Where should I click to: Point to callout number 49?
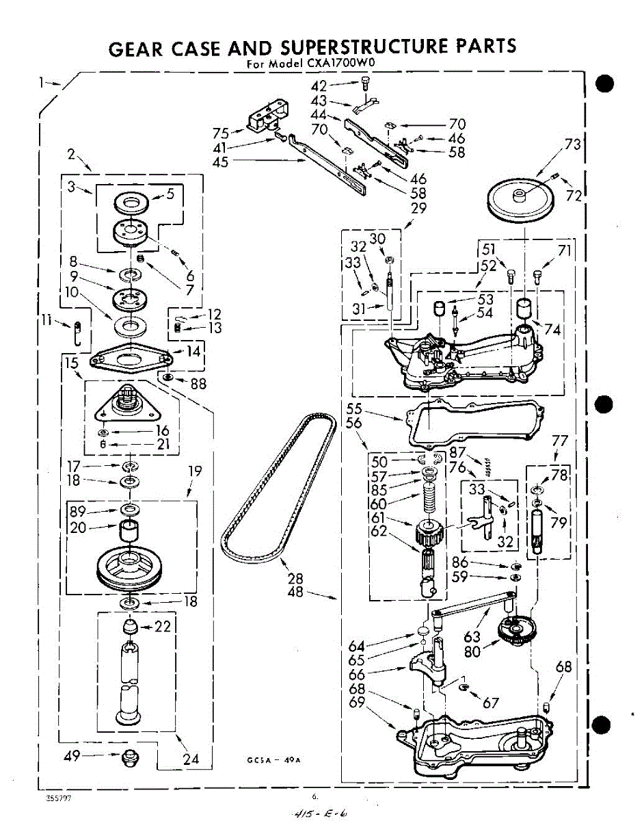[x=72, y=755]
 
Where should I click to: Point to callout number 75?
[x=220, y=133]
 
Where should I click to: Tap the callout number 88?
[x=198, y=383]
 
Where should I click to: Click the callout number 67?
[x=491, y=703]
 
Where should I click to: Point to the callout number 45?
[x=221, y=162]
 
